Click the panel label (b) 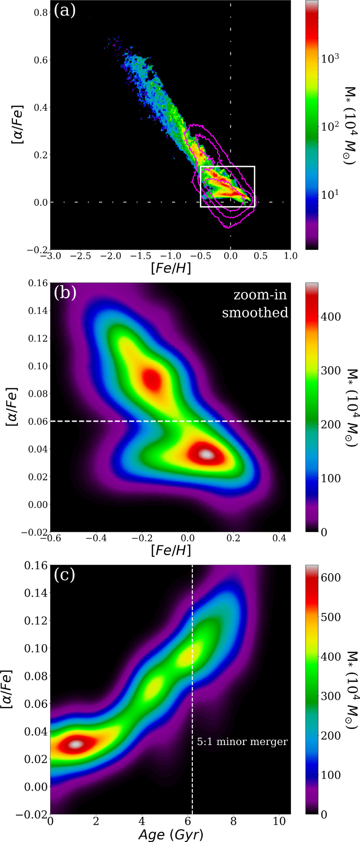click(x=65, y=293)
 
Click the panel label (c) click(x=65, y=575)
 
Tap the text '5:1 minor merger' click(x=242, y=742)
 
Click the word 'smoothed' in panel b click(x=255, y=313)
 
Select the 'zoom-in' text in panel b click(x=260, y=295)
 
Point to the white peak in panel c click(x=77, y=744)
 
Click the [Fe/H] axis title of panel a click(x=171, y=268)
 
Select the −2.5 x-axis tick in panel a click(x=81, y=256)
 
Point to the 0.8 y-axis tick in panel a click(x=40, y=12)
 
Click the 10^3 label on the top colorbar click(x=330, y=58)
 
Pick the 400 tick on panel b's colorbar click(x=330, y=317)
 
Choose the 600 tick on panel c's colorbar click(x=330, y=577)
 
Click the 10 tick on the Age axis click(x=279, y=822)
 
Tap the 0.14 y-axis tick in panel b click(x=38, y=311)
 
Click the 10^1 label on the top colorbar click(x=330, y=194)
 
